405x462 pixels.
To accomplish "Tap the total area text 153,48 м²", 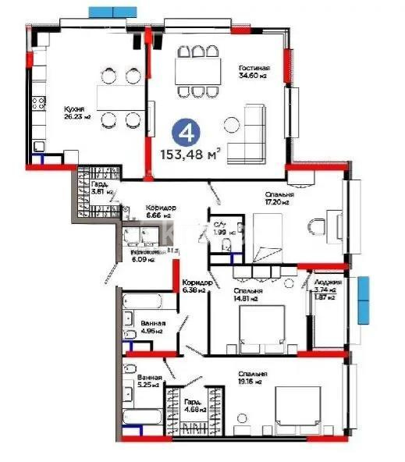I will point(190,153).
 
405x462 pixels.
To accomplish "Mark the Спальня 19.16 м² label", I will point(253,378).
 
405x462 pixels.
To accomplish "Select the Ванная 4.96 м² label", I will point(151,326).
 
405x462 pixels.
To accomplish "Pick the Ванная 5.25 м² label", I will point(151,380).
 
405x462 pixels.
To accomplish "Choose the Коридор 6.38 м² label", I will point(193,286).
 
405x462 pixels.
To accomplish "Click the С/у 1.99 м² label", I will point(221,229).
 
